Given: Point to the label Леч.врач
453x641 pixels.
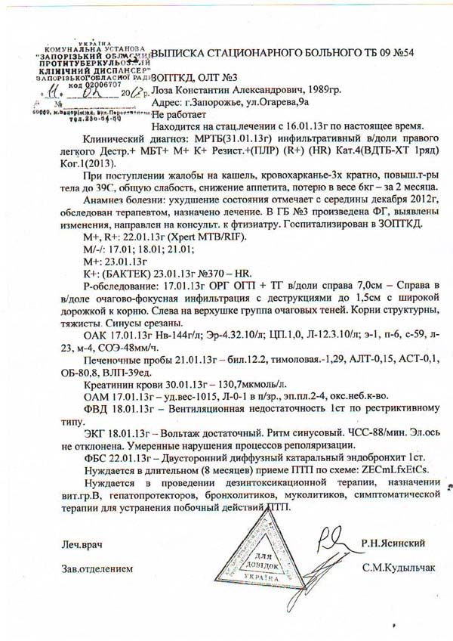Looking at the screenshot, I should (x=81, y=544).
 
